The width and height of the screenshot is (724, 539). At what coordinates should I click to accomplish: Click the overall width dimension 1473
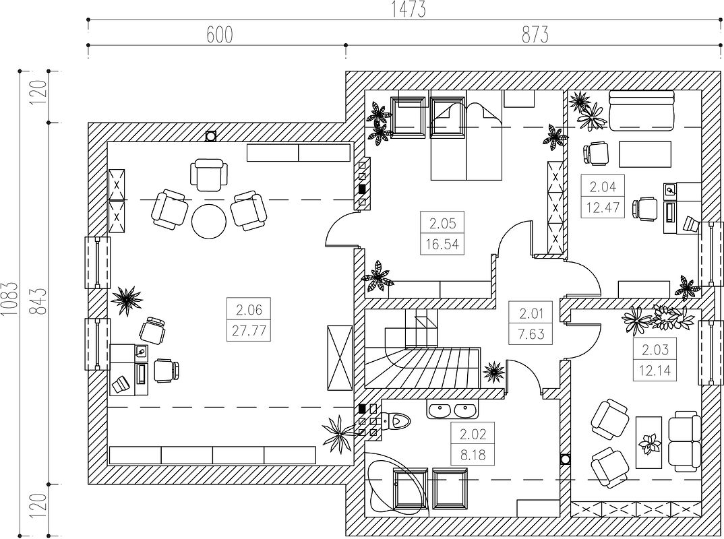[x=408, y=9]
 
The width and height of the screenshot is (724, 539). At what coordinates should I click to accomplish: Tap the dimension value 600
[x=219, y=34]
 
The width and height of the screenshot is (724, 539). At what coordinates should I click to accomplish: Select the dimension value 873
[x=535, y=34]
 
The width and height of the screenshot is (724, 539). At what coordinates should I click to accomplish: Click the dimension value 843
[x=40, y=301]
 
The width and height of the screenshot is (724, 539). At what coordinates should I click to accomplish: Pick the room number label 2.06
[x=249, y=310]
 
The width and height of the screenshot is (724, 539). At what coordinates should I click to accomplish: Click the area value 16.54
[x=442, y=244]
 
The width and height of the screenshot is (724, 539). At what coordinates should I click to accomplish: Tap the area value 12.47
[x=603, y=208]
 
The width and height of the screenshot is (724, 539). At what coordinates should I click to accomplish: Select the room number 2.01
[x=531, y=314]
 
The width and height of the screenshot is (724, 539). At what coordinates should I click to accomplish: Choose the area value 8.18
[x=473, y=455]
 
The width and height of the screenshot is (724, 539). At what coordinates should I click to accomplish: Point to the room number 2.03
[x=655, y=350]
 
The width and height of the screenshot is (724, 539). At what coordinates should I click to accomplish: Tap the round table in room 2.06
[x=209, y=221]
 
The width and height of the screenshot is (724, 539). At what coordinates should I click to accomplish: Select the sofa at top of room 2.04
[x=641, y=110]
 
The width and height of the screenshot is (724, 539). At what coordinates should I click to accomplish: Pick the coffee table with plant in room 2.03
[x=649, y=442]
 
